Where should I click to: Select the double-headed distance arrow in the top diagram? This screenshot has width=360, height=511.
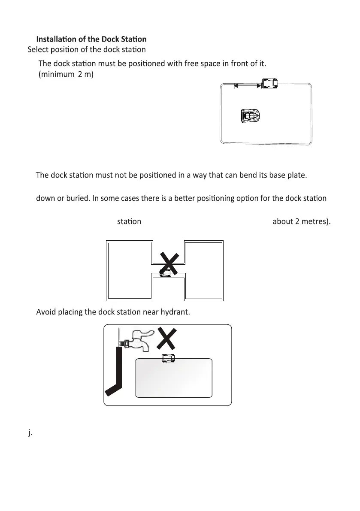(x=247, y=86)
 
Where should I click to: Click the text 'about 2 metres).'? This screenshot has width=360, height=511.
(x=301, y=222)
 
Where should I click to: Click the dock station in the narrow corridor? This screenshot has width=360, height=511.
(x=165, y=273)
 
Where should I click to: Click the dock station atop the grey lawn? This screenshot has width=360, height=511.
(x=167, y=358)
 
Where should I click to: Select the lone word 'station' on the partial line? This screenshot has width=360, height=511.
(x=129, y=222)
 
